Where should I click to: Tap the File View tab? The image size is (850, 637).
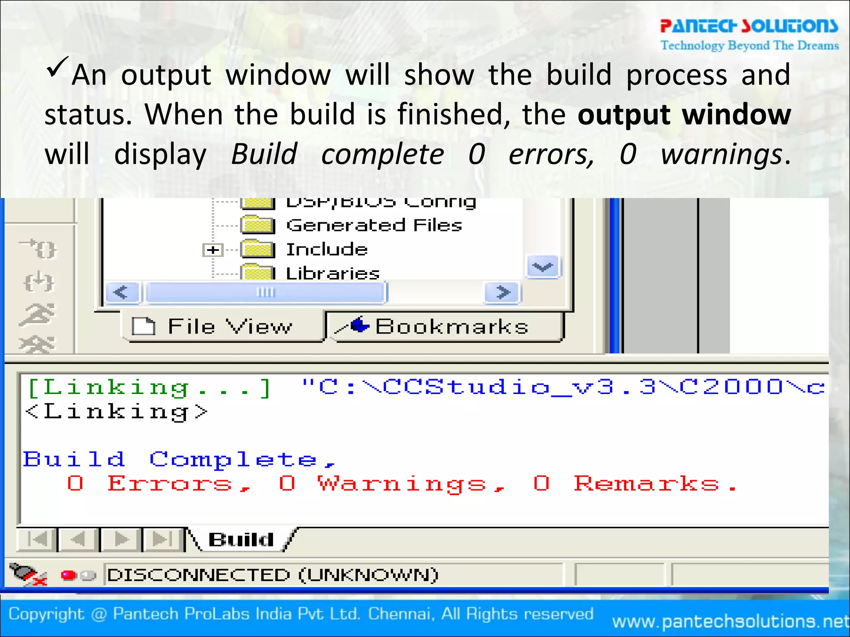222,326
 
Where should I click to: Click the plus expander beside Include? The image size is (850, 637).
213,250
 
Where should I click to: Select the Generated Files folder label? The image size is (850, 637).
374,226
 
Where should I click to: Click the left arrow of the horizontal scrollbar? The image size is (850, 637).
121,292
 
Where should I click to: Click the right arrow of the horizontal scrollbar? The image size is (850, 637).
503,292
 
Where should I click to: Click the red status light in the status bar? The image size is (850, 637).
68,575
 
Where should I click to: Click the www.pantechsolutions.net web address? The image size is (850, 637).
730,621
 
